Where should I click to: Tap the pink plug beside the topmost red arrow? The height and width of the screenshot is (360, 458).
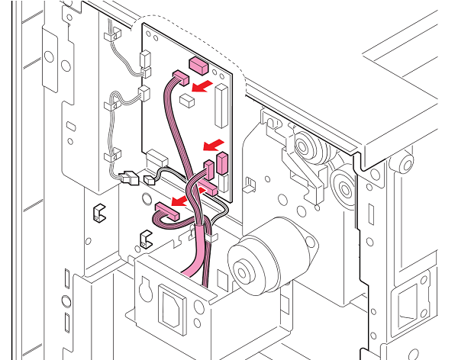pyautogui.click(x=180, y=77)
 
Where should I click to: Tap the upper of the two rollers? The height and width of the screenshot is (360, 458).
pyautogui.click(x=302, y=145)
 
